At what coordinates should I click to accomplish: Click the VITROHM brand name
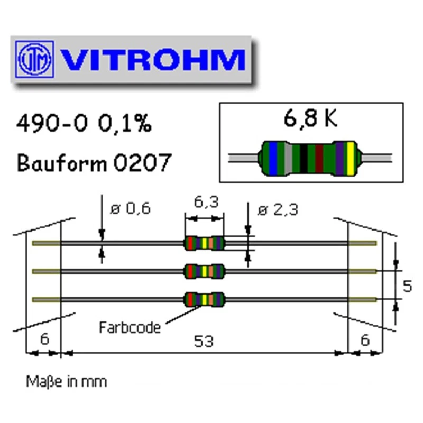(153, 60)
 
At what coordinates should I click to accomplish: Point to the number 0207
(142, 162)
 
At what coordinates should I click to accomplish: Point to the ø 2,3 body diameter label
(278, 209)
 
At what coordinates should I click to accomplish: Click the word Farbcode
(130, 327)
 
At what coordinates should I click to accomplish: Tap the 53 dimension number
(204, 342)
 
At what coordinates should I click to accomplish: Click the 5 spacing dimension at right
(407, 286)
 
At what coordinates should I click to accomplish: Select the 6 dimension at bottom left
(44, 339)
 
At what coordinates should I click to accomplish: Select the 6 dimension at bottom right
(365, 339)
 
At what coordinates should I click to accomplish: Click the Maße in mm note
(66, 381)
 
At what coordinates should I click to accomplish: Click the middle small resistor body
(204, 271)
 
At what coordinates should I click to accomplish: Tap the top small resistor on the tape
(204, 243)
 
